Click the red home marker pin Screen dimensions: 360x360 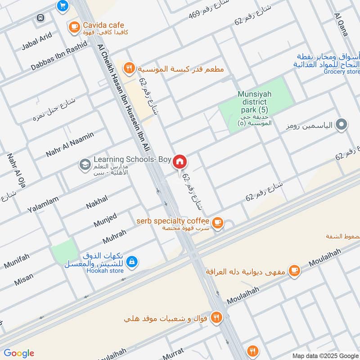[x=180, y=162]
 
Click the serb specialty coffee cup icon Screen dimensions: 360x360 [x=218, y=222]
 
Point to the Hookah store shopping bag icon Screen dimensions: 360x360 [x=131, y=261]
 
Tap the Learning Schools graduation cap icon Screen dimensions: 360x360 [x=84, y=165]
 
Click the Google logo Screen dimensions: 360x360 [x=19, y=353]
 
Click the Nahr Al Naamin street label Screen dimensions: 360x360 [x=70, y=144]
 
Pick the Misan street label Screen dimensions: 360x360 [x=23, y=279]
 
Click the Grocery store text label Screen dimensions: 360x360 [x=342, y=72]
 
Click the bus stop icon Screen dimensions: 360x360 [x=40, y=18]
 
